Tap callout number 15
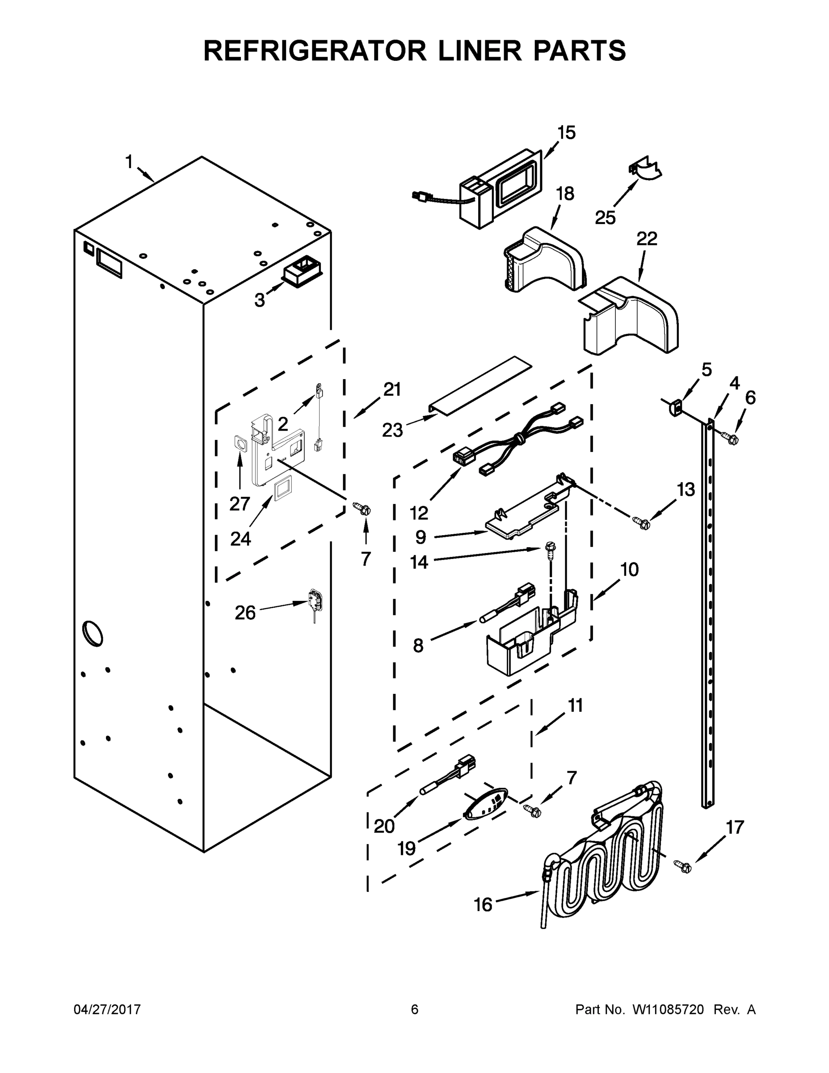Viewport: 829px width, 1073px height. point(566,133)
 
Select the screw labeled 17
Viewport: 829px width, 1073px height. point(682,866)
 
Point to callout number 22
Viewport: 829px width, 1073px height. point(647,239)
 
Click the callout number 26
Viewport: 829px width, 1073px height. point(245,613)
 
